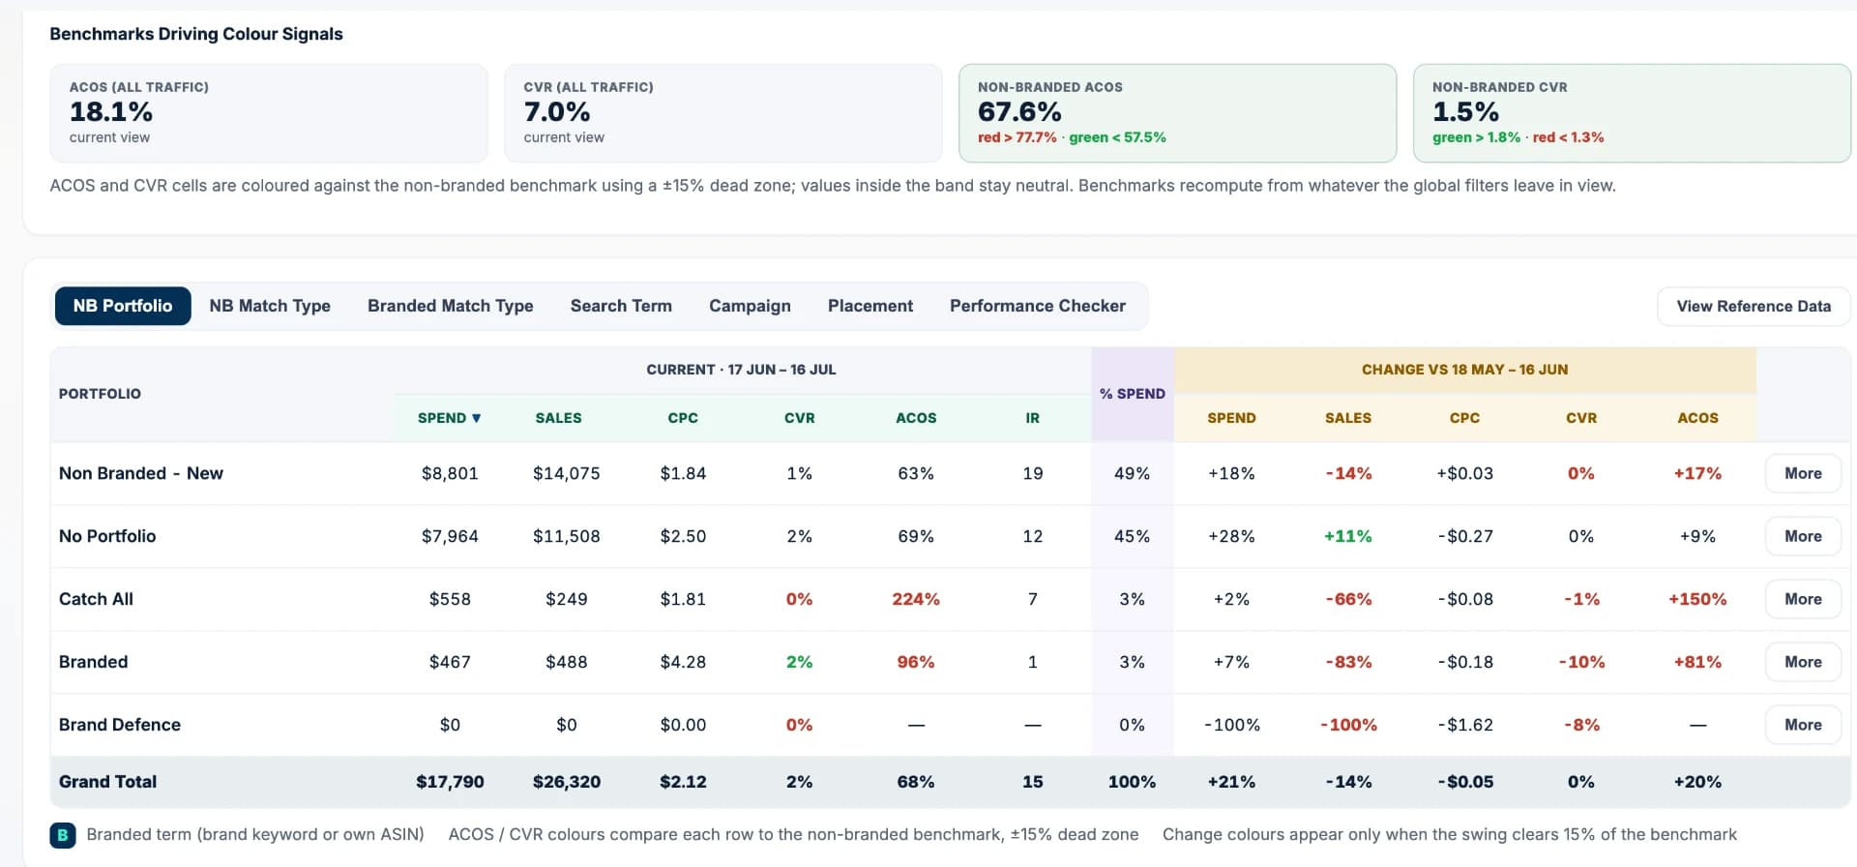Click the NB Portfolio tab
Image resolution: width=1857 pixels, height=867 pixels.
[123, 306]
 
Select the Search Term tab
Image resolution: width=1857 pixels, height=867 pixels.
[621, 306]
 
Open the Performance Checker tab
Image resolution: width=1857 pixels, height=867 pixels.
[1037, 306]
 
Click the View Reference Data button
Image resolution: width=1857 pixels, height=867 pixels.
[1754, 306]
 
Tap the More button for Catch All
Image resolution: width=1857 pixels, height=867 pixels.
[1803, 599]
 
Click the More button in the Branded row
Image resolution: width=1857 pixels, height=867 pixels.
[1803, 662]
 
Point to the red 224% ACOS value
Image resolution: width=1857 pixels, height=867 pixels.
[916, 599]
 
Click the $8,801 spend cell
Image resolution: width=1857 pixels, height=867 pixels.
[450, 473]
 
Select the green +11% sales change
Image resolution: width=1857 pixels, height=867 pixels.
[1348, 536]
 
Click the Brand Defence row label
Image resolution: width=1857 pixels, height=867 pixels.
[120, 725]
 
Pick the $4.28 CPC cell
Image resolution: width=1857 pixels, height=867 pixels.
[683, 662]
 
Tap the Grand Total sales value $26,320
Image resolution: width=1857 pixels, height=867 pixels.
[567, 782]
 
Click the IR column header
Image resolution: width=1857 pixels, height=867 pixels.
[1033, 418]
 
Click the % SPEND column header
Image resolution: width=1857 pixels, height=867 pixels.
[1133, 394]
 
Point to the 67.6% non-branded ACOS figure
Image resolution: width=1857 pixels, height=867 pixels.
[1019, 112]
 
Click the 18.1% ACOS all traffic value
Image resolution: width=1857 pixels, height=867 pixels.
[111, 112]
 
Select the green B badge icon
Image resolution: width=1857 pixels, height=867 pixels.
[63, 835]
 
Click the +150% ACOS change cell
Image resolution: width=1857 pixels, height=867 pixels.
[1697, 599]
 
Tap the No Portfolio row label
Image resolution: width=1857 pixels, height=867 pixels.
[107, 536]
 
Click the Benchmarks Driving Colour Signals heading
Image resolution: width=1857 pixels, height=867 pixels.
[196, 34]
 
